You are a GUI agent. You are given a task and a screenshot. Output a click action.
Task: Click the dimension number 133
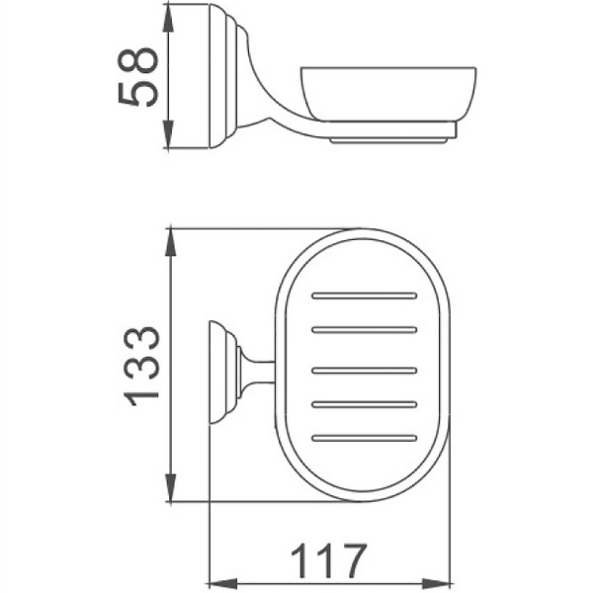click(141, 365)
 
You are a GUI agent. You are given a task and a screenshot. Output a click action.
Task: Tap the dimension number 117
click(328, 561)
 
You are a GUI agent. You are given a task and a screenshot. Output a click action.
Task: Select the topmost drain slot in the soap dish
click(364, 295)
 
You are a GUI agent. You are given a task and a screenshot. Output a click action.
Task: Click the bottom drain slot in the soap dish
click(364, 436)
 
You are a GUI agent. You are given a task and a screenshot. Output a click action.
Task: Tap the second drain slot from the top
click(364, 330)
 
